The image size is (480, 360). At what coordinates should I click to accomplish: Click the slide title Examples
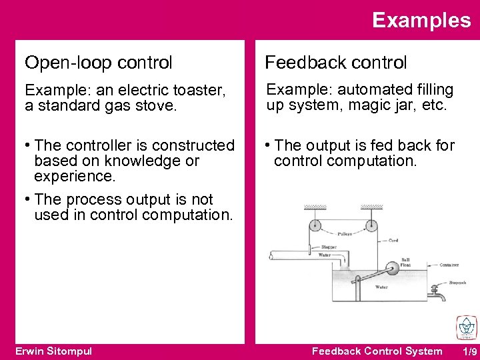pos(421,20)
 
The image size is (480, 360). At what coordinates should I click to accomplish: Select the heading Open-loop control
pos(99,63)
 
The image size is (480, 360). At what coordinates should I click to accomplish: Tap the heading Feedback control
pos(335,63)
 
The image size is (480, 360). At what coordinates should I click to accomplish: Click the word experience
pos(74,176)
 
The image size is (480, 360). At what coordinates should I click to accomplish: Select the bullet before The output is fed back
pos(268,145)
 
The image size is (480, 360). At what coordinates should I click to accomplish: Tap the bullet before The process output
pos(28,199)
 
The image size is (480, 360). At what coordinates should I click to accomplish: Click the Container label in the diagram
pos(449,265)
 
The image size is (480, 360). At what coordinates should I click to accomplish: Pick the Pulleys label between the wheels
pos(345,234)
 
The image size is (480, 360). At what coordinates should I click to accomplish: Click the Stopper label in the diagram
pos(329,247)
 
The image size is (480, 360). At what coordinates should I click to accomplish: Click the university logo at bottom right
pos(465,327)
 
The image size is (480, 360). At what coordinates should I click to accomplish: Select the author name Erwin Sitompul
pos(53,351)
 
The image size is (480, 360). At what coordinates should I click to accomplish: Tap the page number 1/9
pos(470,351)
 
